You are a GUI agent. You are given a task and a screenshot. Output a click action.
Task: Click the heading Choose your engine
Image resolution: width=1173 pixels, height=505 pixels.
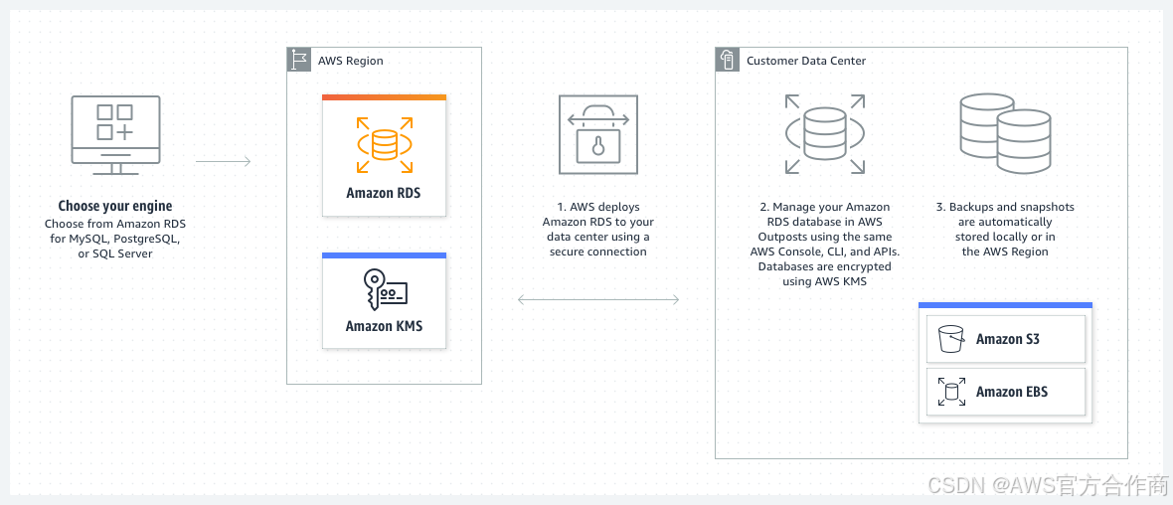point(115,207)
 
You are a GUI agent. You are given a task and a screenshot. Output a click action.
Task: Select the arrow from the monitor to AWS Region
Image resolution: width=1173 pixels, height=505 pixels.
point(223,160)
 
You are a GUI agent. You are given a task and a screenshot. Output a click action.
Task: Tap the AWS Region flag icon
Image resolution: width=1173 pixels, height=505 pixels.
point(299,60)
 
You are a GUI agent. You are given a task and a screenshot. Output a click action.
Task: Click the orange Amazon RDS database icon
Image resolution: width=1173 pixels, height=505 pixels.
point(384,145)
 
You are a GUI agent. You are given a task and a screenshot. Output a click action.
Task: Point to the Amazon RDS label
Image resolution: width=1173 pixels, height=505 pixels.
point(384,193)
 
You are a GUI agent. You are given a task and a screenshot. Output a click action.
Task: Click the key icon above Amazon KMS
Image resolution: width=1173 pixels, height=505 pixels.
point(384,292)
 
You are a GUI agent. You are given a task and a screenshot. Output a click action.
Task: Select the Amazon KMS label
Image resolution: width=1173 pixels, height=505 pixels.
point(384,326)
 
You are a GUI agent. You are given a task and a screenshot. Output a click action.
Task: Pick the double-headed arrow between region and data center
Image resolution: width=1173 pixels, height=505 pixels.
point(597,299)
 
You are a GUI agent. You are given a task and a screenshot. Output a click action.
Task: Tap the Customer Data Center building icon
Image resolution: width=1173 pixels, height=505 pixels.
point(728,60)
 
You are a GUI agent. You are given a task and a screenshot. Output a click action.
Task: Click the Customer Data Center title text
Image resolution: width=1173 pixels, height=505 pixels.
point(806,61)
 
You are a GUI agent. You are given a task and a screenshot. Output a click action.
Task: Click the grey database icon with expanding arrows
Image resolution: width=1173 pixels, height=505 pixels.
point(824,134)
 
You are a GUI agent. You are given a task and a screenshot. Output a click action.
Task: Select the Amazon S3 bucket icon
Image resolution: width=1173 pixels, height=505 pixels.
point(951,339)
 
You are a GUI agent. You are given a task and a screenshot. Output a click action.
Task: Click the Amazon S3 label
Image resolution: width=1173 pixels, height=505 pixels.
point(1008,339)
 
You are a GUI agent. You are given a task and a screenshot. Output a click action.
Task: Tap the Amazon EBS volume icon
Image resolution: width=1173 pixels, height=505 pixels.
point(951,392)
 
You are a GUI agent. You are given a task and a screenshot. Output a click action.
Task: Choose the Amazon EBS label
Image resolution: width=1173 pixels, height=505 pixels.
point(1012,392)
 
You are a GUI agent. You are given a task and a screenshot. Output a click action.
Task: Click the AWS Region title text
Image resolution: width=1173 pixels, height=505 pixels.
point(351,61)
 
